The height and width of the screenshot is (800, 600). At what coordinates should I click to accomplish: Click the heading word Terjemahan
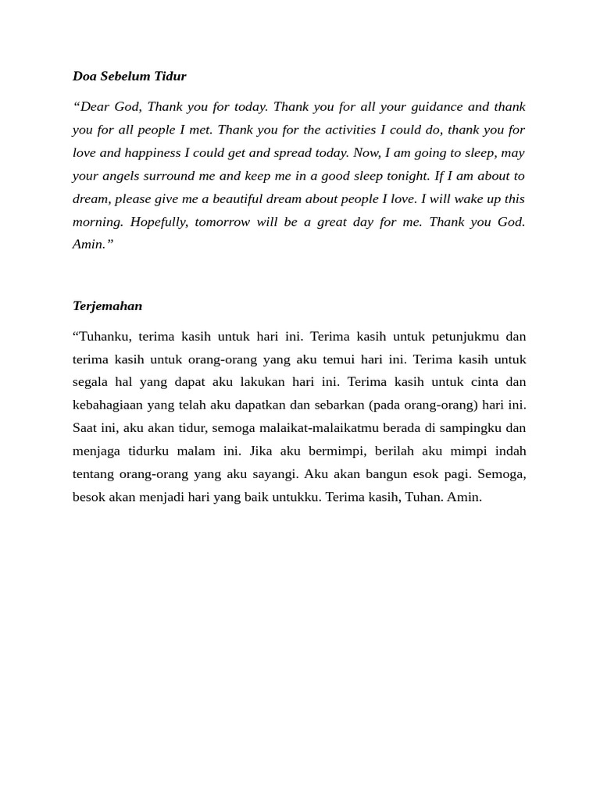tap(107, 306)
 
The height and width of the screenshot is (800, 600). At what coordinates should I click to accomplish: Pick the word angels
tap(125, 176)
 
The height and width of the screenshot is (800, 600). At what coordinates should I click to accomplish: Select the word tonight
tap(405, 176)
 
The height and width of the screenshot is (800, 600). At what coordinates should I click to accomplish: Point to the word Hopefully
tap(159, 222)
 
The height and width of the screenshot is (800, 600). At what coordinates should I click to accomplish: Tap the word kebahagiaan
tap(111, 405)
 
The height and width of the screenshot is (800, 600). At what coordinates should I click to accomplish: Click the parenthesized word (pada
tap(384, 405)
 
